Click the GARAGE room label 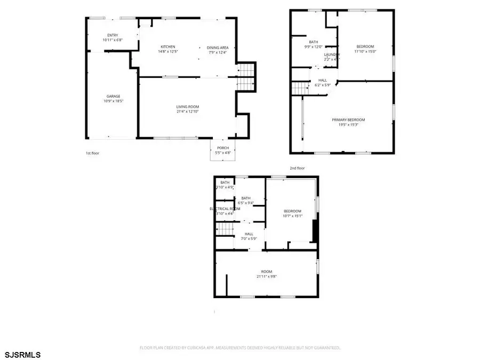click(x=113, y=96)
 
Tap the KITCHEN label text click(x=167, y=47)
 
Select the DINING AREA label click(x=217, y=47)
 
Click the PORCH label click(x=223, y=148)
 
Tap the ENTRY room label click(x=113, y=35)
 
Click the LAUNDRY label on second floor click(x=332, y=54)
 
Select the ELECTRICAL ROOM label click(x=225, y=209)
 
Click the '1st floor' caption click(x=92, y=153)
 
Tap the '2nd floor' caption click(x=297, y=168)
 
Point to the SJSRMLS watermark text click(x=22, y=354)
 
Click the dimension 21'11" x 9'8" click(x=267, y=276)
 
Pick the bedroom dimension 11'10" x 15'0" click(x=366, y=52)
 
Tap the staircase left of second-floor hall click(x=300, y=88)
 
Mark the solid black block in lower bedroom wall click(x=315, y=230)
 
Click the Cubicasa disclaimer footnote click(x=240, y=347)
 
